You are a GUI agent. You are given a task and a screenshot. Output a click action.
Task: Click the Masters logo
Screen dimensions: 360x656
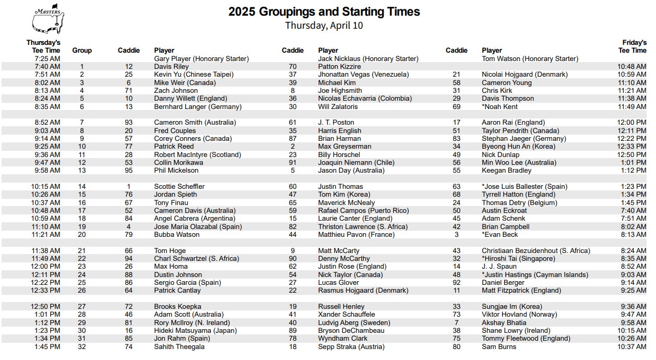coord(48,21)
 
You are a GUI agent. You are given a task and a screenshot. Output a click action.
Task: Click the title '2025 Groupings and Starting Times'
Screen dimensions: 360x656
coord(324,11)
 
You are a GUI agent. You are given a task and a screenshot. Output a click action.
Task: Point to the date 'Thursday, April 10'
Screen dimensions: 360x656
coord(324,25)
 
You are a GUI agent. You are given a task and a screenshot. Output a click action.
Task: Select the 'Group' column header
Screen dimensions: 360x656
coord(82,51)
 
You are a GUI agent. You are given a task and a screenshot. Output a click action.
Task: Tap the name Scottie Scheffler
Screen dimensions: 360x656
coord(179,187)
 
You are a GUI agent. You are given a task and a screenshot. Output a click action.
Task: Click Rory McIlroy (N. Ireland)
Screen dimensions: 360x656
coord(192,323)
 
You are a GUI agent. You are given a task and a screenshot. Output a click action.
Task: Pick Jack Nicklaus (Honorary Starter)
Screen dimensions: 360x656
coord(368,59)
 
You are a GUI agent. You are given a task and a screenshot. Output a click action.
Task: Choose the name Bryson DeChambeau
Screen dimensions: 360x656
coord(351,331)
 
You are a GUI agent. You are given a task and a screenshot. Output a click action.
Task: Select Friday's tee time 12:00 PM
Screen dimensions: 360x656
coord(631,123)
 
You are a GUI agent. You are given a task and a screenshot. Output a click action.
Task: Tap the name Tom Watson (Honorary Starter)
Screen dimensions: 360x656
coord(530,59)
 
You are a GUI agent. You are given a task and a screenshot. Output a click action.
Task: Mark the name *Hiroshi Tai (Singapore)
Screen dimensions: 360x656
coord(518,259)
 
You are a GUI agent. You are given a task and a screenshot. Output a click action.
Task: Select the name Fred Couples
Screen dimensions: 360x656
coord(175,131)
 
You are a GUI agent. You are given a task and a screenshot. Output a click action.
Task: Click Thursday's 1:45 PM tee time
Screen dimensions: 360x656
coord(47,347)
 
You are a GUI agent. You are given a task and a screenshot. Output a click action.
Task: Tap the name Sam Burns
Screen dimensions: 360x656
coord(499,347)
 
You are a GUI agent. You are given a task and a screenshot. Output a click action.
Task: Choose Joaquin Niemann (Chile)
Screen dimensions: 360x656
coord(356,163)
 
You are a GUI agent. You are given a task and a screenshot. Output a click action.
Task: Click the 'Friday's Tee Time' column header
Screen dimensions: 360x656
coord(632,47)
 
